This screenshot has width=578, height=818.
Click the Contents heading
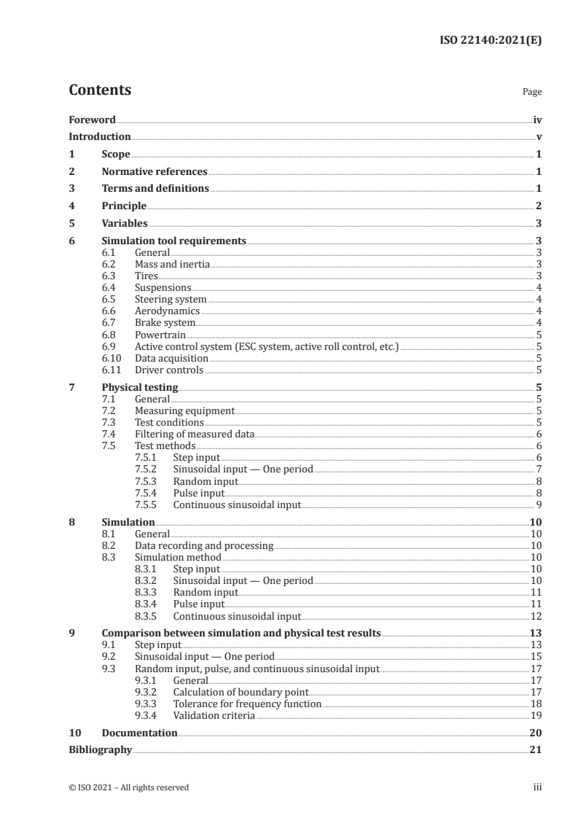[100, 91]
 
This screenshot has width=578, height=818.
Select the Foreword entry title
[92, 120]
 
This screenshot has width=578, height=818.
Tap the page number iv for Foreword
[536, 120]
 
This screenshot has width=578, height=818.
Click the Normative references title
[155, 172]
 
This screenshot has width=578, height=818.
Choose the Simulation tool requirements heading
[173, 241]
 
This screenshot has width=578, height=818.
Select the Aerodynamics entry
[167, 311]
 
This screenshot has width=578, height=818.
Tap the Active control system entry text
[266, 346]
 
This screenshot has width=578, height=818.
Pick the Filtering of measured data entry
[195, 435]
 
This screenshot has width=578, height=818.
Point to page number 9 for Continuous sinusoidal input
[538, 505]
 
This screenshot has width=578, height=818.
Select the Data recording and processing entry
[204, 545]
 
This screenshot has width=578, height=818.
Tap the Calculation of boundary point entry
[241, 692]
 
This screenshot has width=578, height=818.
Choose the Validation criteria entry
[214, 715]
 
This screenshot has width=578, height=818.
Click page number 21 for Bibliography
[535, 749]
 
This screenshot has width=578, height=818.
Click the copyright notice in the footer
[128, 787]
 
